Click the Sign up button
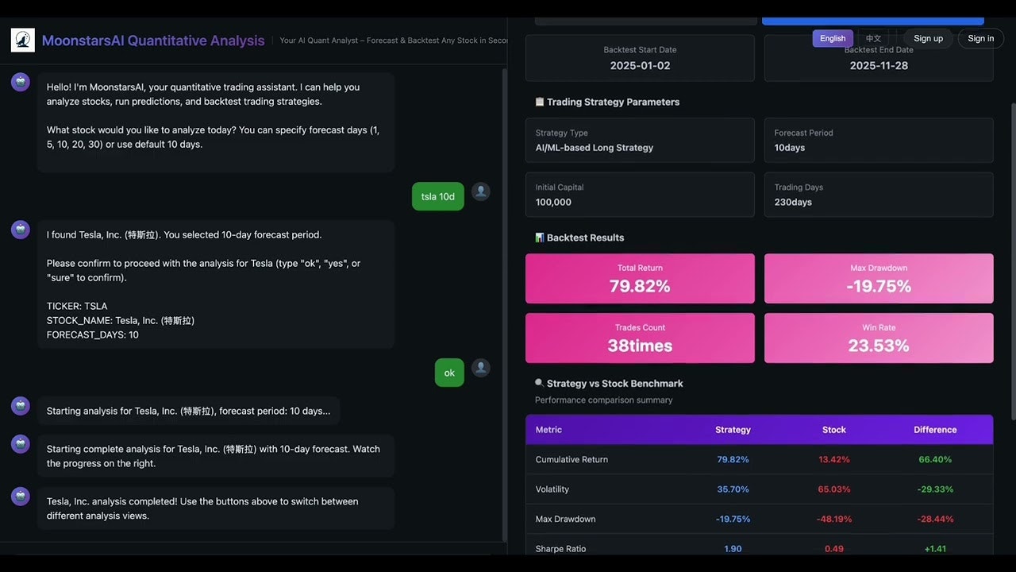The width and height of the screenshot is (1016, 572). point(928,38)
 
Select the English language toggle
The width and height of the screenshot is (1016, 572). point(833,38)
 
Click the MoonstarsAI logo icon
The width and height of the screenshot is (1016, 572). point(22,41)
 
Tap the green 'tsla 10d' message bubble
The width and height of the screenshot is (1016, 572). point(437,196)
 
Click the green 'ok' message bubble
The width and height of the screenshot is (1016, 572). point(449,373)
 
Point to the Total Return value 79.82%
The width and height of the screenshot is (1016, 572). point(640,286)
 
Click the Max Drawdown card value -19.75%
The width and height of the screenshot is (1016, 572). point(879,286)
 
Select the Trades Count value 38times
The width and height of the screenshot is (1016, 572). point(640,346)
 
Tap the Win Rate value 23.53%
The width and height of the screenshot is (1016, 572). point(879,346)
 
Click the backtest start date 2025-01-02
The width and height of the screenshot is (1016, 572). point(640,65)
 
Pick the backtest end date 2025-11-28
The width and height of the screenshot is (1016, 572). point(879,65)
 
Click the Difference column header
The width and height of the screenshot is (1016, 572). point(935,430)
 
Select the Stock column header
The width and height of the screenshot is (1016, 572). point(834,430)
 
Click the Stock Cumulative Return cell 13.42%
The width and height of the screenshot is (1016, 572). point(834,459)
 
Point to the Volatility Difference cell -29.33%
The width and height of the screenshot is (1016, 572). point(935,489)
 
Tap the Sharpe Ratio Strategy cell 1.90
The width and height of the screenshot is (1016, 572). point(733,549)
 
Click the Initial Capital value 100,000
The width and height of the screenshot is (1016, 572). point(553,202)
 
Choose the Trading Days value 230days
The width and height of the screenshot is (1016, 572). point(792,202)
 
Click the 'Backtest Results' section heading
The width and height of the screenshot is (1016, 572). point(585,238)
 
